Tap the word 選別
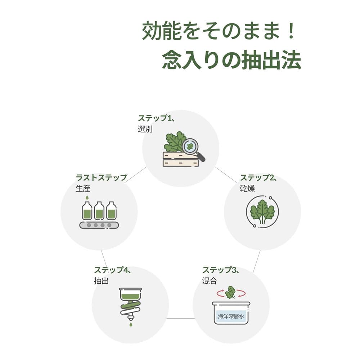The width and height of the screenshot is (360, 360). [145, 129]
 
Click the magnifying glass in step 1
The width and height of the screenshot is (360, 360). [193, 149]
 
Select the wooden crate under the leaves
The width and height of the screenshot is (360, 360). [181, 159]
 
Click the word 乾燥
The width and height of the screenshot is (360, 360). [247, 189]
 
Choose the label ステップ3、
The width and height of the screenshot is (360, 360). [221, 270]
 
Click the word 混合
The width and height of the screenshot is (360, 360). [210, 281]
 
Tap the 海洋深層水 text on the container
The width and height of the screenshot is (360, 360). [231, 316]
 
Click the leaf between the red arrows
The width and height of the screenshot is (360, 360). [230, 292]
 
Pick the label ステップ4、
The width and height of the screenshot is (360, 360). [113, 270]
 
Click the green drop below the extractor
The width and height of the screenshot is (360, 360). [131, 324]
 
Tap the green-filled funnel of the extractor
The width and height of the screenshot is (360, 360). [130, 294]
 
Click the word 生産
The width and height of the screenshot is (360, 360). [83, 189]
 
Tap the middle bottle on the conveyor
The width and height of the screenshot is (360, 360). [99, 211]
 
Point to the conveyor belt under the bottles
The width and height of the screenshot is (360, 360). [99, 225]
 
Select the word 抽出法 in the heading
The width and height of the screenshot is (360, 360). [271, 60]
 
